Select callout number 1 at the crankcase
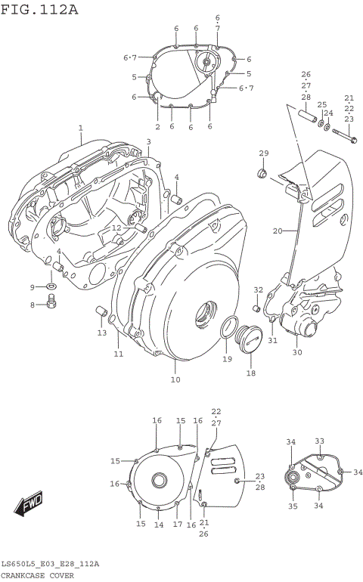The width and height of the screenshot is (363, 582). click(x=80, y=129)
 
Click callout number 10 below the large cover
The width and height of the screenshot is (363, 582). click(x=175, y=379)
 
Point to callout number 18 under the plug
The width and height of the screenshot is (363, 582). click(x=250, y=373)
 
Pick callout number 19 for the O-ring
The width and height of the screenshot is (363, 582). click(x=227, y=359)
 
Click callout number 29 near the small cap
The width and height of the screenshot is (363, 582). click(x=263, y=154)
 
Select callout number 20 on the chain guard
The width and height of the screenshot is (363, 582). click(x=277, y=231)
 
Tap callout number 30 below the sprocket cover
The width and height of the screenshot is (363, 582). click(x=297, y=352)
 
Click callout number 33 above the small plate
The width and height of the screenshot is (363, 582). click(x=319, y=441)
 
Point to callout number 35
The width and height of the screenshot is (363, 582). click(x=293, y=506)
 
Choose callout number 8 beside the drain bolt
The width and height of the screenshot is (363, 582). click(x=33, y=305)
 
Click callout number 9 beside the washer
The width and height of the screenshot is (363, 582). click(x=33, y=287)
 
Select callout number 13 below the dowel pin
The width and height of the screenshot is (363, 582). click(x=101, y=333)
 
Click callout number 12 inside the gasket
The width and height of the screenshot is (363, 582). click(x=116, y=228)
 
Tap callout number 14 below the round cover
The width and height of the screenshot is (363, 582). click(x=159, y=525)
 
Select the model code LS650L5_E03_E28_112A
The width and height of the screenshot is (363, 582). click(x=50, y=564)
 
